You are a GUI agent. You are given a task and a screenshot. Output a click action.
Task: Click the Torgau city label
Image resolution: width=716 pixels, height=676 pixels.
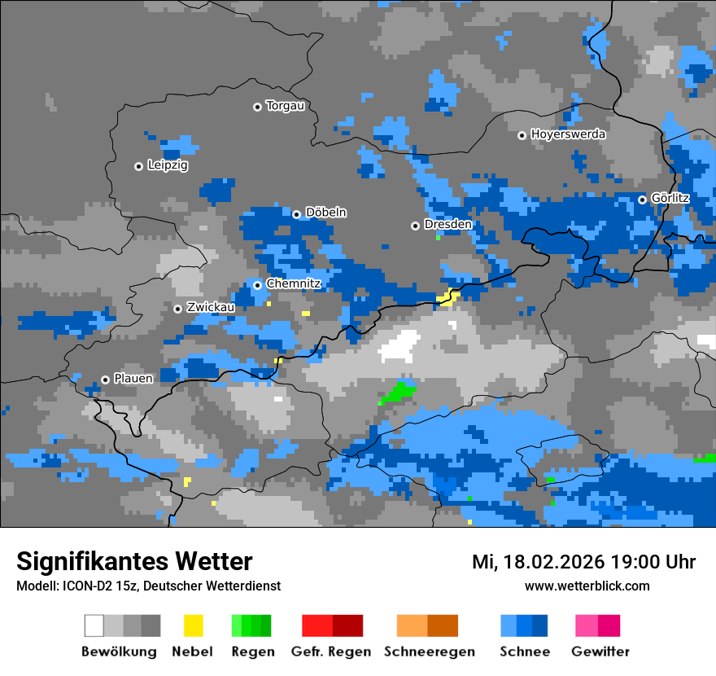[285, 106]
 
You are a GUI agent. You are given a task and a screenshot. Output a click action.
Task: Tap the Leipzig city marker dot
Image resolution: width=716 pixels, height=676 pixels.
[138, 166]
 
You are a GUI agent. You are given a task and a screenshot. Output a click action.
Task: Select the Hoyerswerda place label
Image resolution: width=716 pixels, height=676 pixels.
[568, 134]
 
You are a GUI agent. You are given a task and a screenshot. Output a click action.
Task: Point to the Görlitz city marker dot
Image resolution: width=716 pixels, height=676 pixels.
[642, 200]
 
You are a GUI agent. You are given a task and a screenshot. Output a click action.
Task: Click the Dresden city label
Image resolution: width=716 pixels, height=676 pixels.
[447, 225]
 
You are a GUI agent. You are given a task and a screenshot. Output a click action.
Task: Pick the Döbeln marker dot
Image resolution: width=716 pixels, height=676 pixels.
[296, 214]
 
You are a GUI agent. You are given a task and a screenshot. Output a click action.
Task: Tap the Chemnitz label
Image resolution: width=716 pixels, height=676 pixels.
[294, 284]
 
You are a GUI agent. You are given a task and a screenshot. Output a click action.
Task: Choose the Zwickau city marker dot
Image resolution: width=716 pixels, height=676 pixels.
[177, 309]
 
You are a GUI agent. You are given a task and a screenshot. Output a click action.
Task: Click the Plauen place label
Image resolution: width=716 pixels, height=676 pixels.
[133, 379]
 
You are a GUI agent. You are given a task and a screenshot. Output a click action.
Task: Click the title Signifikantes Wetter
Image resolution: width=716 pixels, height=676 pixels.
[134, 561]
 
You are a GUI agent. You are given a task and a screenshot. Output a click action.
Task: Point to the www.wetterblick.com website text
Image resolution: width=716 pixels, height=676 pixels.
[587, 586]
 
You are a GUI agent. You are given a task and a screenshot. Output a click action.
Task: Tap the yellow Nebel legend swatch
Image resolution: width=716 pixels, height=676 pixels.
[193, 626]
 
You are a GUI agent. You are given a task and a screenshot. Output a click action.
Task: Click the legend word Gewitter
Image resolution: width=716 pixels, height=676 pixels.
[600, 652]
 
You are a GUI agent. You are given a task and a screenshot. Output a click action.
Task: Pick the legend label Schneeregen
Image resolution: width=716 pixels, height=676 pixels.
[430, 652]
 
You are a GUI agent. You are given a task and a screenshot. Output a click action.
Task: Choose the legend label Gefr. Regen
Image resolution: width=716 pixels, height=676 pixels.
[331, 652]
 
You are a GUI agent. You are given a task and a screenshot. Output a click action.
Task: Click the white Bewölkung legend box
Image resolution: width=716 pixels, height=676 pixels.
[94, 626]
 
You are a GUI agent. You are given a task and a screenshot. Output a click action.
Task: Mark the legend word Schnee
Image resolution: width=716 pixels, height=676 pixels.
[524, 652]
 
